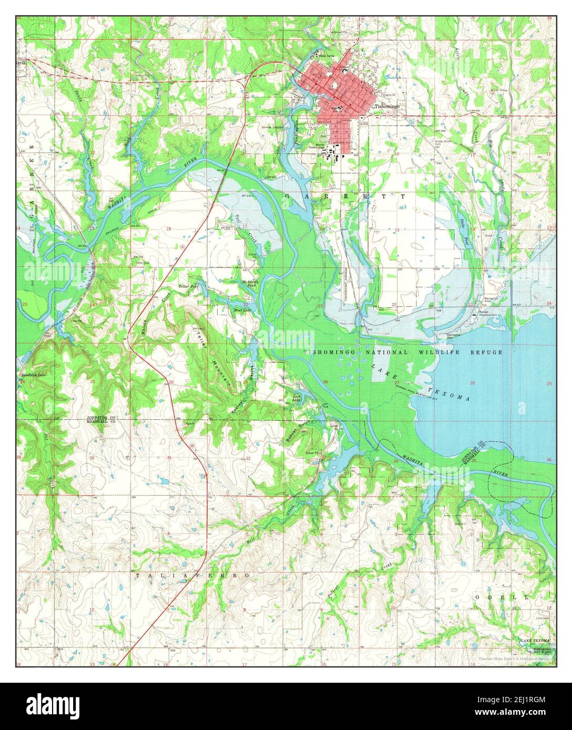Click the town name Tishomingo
pyautogui.click(x=387, y=106)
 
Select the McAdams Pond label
pyautogui.click(x=249, y=284)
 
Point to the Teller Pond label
pyautogui.click(x=188, y=287)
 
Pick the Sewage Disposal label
pyautogui.click(x=273, y=127)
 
